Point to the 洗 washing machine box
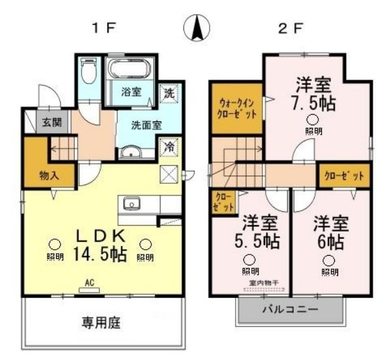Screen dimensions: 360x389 point(168,92)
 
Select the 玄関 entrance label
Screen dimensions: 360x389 point(52,121)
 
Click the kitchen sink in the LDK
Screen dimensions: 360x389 point(132,203)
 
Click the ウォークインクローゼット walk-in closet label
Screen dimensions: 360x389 point(237,108)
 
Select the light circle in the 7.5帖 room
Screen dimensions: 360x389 point(313,119)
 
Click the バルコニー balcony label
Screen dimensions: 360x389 point(290,308)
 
